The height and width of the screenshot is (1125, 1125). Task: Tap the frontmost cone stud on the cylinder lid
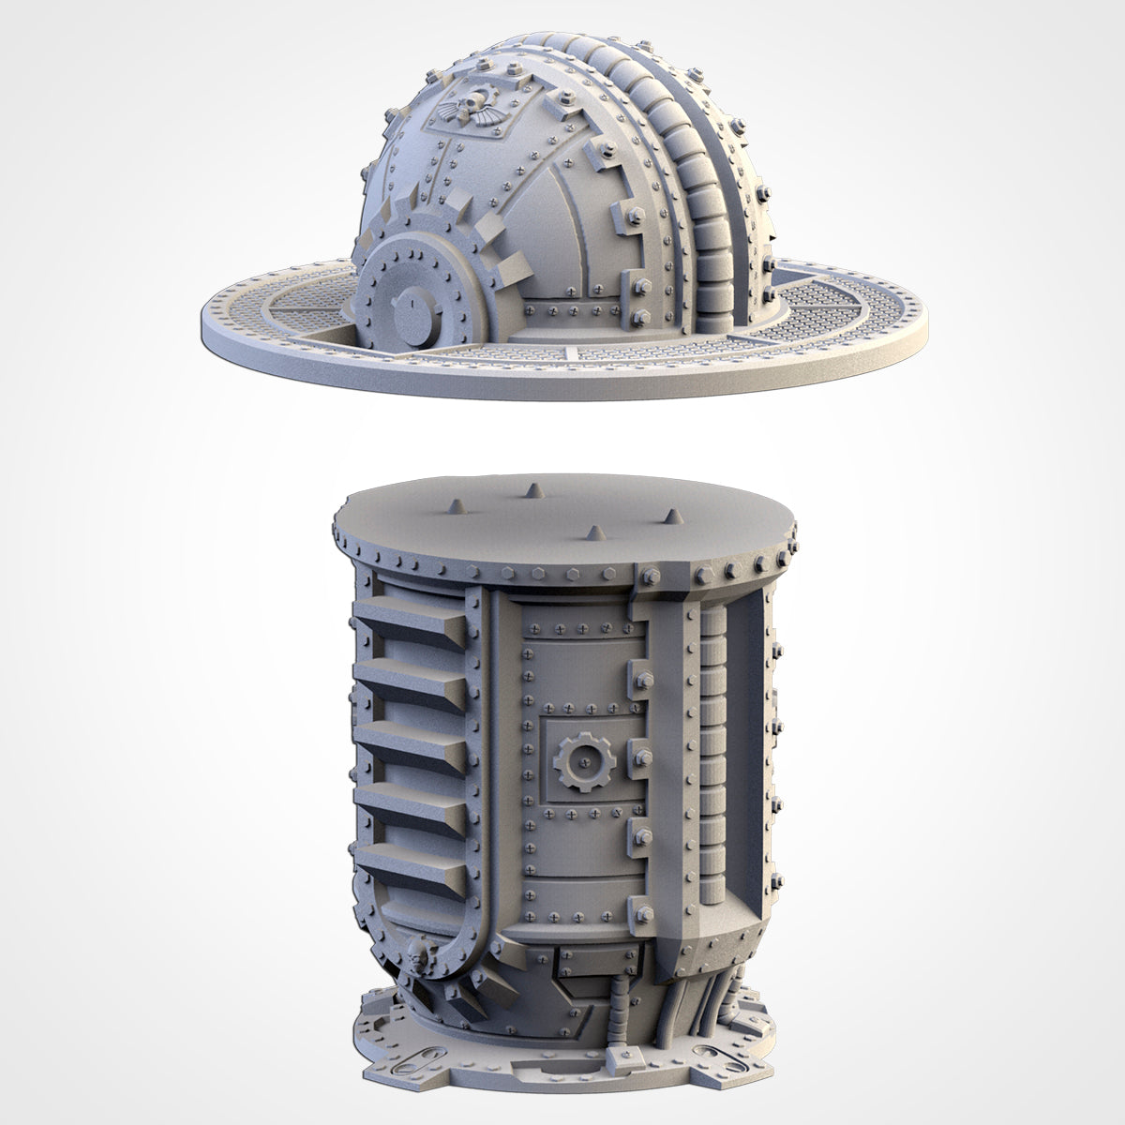pos(592,533)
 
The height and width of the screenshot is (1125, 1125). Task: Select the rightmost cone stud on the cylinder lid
pos(673,517)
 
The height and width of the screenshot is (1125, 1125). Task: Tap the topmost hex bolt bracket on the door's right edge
pos(643,678)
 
